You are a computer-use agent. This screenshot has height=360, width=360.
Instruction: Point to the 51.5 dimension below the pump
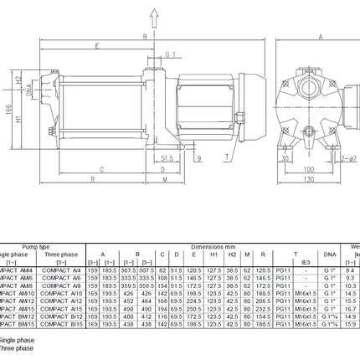pyautogui.click(x=167, y=156)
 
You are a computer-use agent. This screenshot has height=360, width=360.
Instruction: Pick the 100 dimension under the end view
pyautogui.click(x=309, y=168)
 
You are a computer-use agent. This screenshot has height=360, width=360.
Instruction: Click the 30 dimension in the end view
pyautogui.click(x=285, y=156)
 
